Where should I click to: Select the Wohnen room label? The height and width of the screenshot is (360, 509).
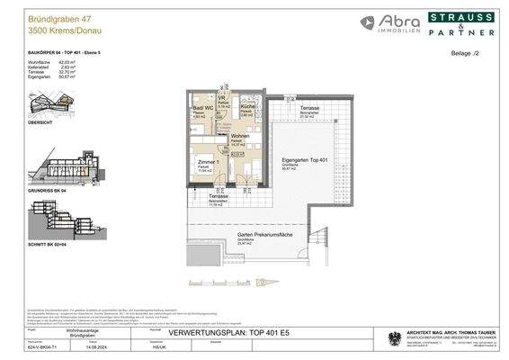[240, 136]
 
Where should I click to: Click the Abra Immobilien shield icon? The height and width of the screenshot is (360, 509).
[370, 23]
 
